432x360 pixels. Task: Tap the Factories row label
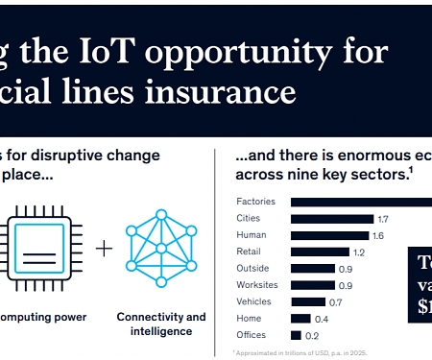point(256,202)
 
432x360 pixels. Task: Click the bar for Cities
point(331,219)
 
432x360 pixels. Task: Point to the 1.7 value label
point(382,219)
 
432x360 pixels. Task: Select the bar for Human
point(329,235)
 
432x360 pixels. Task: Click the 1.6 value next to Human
point(377,235)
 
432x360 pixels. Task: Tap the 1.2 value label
point(359,252)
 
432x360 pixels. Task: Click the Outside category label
point(252,268)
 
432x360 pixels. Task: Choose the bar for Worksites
point(313,285)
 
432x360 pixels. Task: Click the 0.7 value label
point(335,301)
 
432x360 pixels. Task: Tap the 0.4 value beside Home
point(322,319)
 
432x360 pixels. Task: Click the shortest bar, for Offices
point(296,335)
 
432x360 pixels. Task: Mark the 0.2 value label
point(312,335)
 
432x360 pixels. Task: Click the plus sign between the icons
point(104,248)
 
